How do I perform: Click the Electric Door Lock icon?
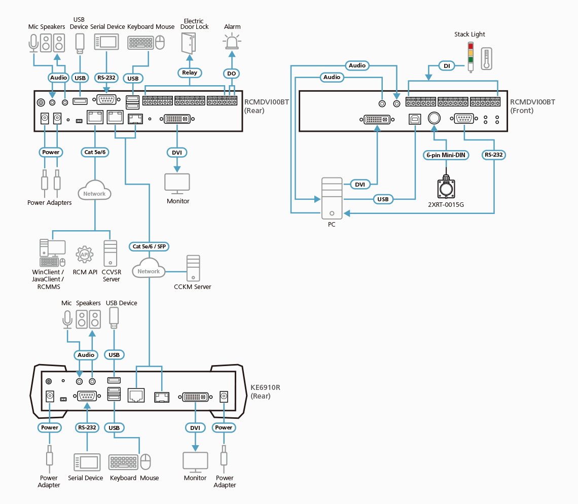click(x=188, y=43)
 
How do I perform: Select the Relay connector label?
click(x=190, y=73)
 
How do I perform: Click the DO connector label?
click(x=231, y=74)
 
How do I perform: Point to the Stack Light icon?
click(x=471, y=56)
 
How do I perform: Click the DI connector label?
click(x=447, y=65)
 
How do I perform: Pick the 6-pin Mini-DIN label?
click(x=446, y=155)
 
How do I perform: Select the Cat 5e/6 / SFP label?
click(x=149, y=246)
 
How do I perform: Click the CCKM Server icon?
click(x=193, y=268)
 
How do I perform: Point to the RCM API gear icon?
click(x=85, y=254)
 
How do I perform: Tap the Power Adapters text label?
click(x=50, y=203)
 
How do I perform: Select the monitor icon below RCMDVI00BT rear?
click(x=177, y=184)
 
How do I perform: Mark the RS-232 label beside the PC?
click(x=494, y=155)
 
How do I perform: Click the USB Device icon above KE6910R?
click(x=114, y=317)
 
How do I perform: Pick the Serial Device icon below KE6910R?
click(x=86, y=462)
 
